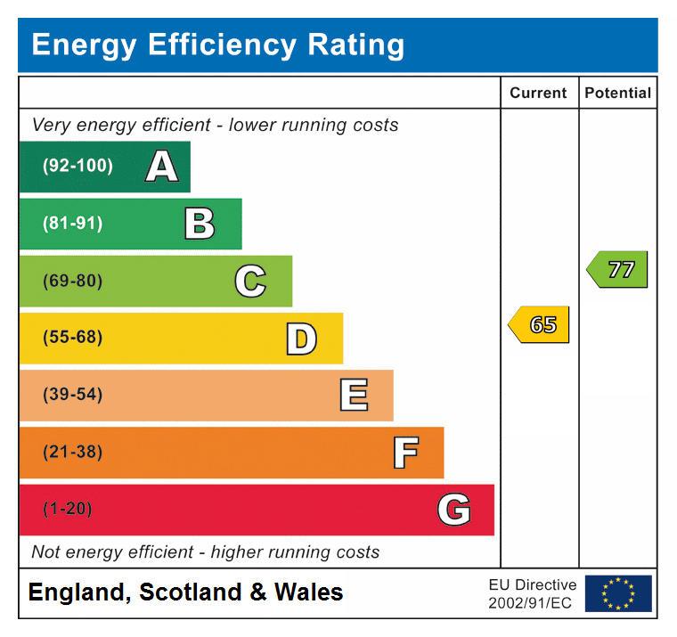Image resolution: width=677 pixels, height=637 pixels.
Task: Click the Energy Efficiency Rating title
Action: (x=217, y=45)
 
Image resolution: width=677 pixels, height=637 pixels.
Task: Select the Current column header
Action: (x=538, y=93)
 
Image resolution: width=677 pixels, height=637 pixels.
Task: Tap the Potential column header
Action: (x=617, y=93)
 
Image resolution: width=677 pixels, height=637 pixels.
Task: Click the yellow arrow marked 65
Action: (x=540, y=325)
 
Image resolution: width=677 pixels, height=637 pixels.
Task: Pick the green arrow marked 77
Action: (x=618, y=269)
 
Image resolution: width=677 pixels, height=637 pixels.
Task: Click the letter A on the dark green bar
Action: (x=161, y=167)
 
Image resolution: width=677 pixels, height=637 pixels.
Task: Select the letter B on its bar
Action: (x=200, y=224)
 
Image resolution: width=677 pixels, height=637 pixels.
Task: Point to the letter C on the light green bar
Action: (x=250, y=282)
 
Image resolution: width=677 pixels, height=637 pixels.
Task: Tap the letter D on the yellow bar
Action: (x=301, y=339)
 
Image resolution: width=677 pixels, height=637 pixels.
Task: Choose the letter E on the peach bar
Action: (x=354, y=395)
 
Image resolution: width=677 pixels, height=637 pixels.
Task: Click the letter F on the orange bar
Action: (x=405, y=453)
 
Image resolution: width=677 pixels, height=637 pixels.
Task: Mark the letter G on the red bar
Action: (x=453, y=510)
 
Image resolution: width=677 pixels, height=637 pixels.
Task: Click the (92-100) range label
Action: (x=77, y=167)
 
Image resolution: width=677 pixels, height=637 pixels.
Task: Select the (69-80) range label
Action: (x=72, y=282)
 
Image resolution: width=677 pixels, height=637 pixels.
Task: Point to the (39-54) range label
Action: (x=72, y=395)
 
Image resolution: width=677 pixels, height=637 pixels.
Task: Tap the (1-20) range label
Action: (x=68, y=510)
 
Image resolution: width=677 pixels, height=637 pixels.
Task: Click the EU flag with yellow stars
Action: (x=618, y=593)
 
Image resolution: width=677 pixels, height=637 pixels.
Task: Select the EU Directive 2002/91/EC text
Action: (x=532, y=594)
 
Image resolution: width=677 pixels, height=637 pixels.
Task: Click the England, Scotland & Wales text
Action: (x=185, y=592)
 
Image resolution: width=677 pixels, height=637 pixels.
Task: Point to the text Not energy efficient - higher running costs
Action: (x=206, y=552)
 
